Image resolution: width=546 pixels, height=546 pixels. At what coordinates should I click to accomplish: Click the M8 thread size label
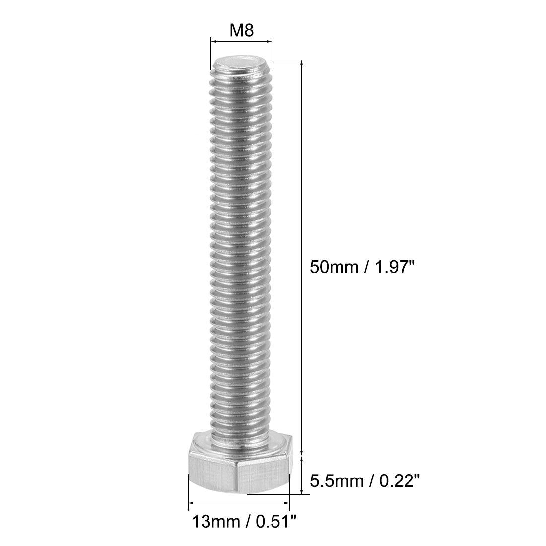[x=241, y=31]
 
